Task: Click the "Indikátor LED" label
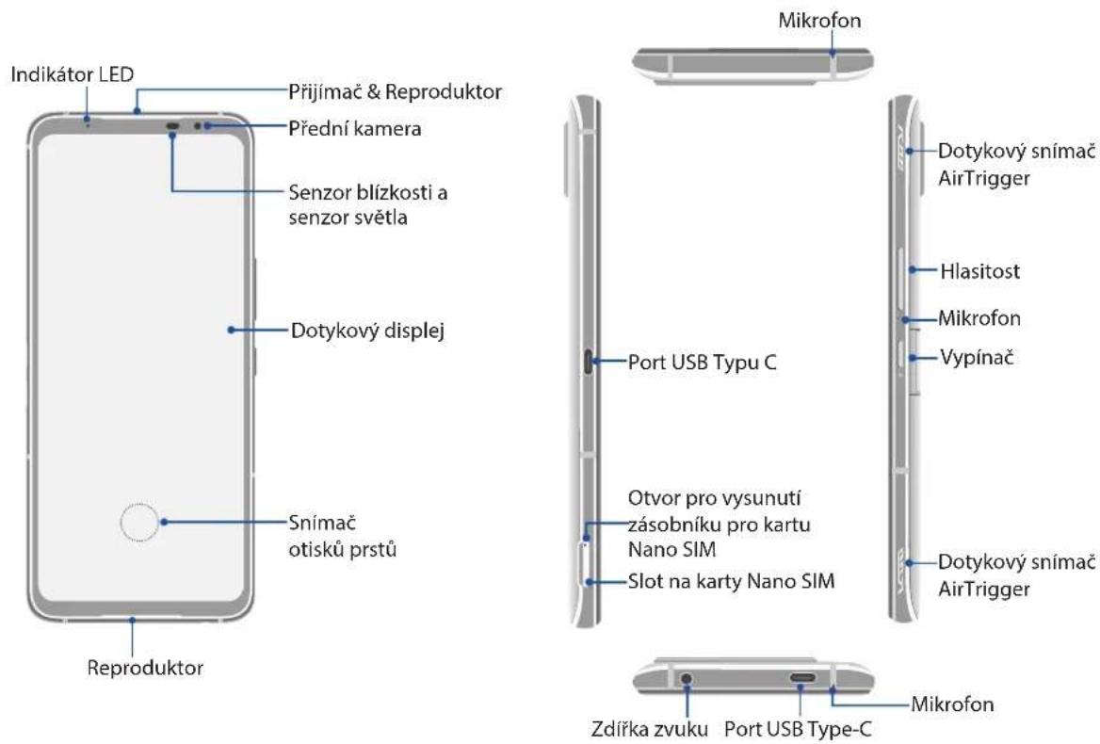[73, 74]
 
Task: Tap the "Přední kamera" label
[355, 128]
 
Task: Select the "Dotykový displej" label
[367, 331]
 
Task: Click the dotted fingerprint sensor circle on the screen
[138, 523]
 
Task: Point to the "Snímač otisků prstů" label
[343, 536]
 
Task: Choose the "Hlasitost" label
[979, 270]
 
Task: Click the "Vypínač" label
[977, 357]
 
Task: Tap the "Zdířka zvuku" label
[650, 729]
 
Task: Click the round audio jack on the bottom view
[687, 679]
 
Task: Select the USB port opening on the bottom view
[801, 679]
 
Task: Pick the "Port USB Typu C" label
[703, 362]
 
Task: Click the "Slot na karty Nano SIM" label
[731, 581]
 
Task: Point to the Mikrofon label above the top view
[819, 21]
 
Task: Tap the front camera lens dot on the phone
[198, 126]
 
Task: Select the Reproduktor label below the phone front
[145, 668]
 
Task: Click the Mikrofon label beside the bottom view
[952, 704]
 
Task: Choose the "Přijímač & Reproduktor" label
[395, 92]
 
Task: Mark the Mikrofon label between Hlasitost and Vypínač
[979, 318]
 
